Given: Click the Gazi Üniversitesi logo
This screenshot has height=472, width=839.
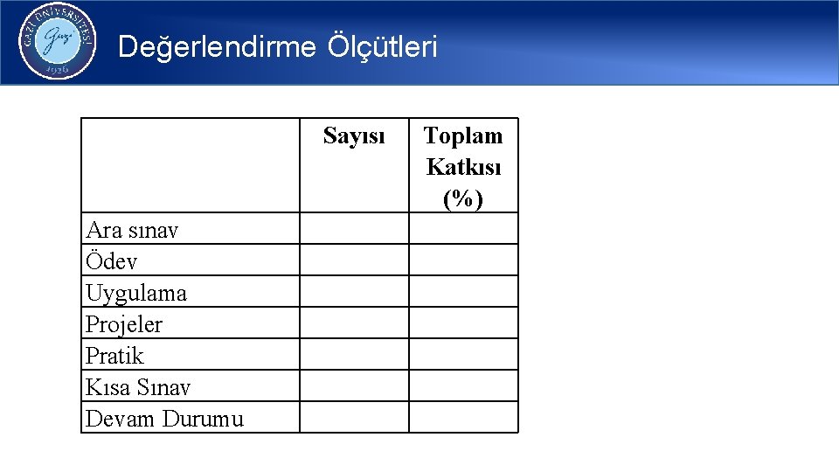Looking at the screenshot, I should [x=57, y=41].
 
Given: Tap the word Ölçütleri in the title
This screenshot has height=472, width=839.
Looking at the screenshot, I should [x=382, y=46].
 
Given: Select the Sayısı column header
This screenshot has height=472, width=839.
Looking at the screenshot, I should [x=354, y=135].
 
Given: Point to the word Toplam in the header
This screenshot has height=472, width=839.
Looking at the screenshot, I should [x=463, y=135].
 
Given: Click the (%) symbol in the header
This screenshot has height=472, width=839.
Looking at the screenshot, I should [x=463, y=198].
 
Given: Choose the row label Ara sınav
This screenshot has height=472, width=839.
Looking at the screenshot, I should [x=132, y=230].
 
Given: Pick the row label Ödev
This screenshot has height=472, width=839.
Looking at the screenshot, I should [x=112, y=261].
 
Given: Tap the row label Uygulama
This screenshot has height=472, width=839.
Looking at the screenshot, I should [x=136, y=293].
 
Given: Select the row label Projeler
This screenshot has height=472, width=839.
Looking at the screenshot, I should [x=124, y=324].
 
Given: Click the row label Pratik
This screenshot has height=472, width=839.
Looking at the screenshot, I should [x=114, y=356].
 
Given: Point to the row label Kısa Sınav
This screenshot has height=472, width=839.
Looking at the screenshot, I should [x=138, y=387].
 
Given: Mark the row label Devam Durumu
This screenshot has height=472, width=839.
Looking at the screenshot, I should [x=164, y=419].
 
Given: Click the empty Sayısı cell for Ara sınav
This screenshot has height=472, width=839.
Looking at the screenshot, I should [x=354, y=229].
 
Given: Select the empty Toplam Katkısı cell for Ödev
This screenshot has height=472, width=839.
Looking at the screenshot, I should [x=463, y=260].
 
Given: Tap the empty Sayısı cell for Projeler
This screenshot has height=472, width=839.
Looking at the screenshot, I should [x=354, y=323].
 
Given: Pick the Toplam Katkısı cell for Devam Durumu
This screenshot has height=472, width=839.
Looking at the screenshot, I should [x=463, y=418].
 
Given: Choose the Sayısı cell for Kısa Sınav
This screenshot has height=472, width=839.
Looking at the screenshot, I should [x=354, y=386].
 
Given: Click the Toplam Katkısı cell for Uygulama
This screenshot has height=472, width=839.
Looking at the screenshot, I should [x=463, y=292].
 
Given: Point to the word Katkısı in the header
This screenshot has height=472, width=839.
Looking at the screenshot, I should [x=463, y=167].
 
